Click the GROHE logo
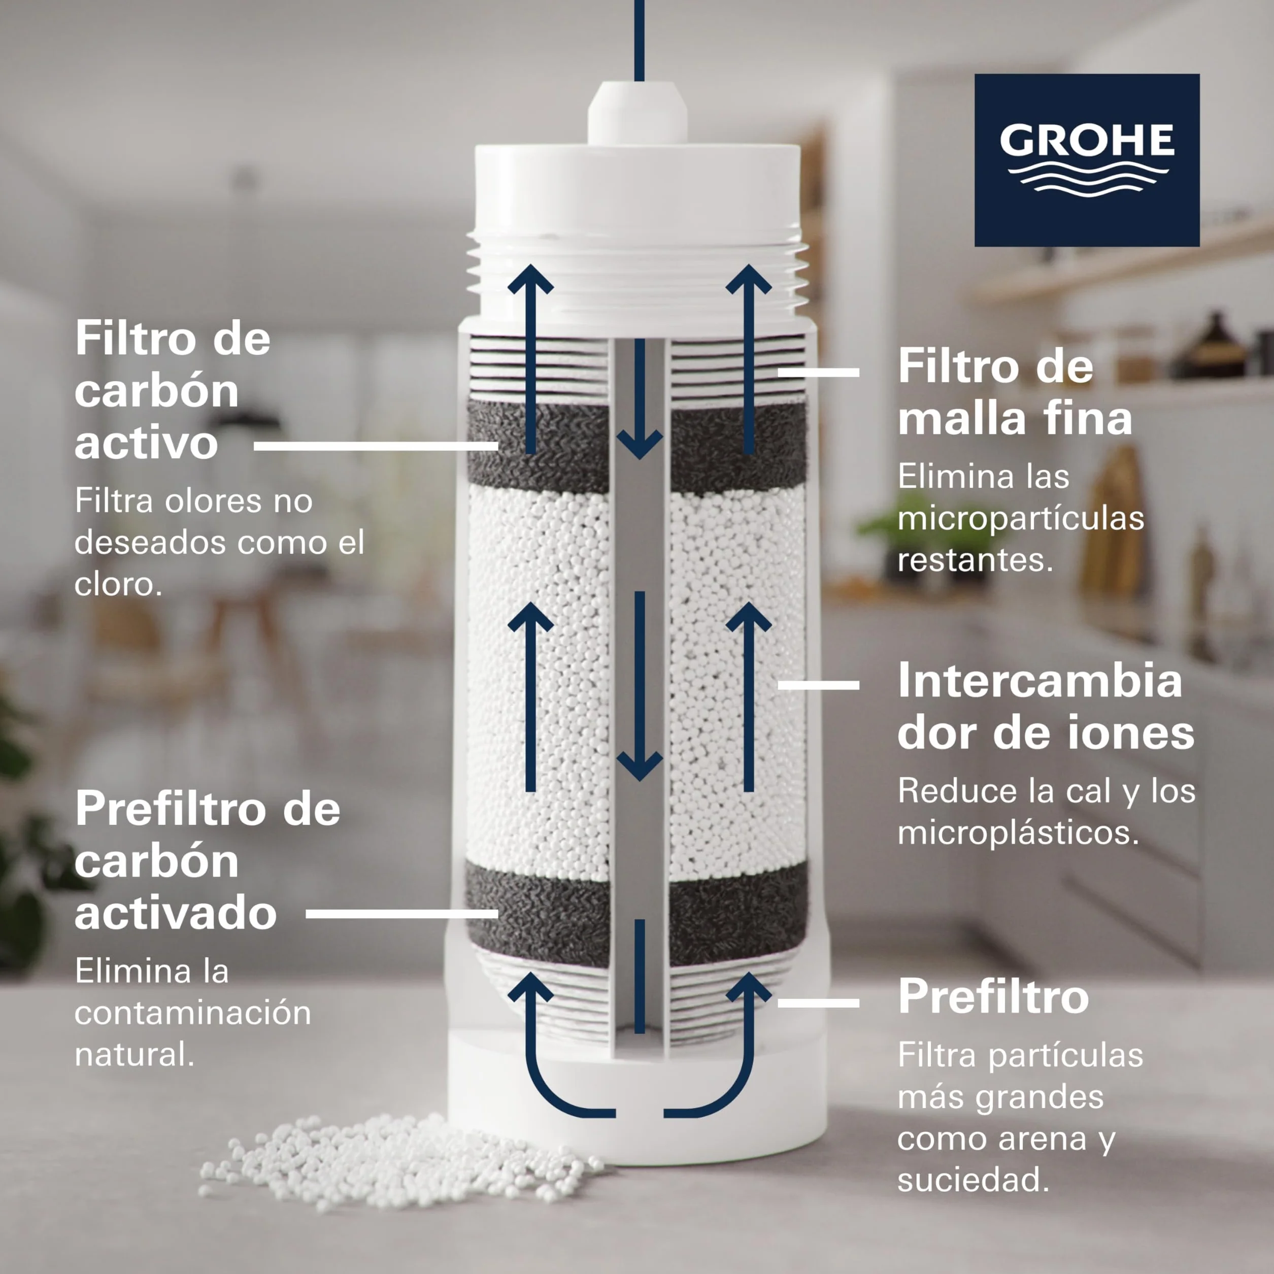pyautogui.click(x=1087, y=160)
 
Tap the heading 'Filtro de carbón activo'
pyautogui.click(x=172, y=390)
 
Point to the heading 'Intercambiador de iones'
pyautogui.click(x=1046, y=706)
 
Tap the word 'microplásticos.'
pyautogui.click(x=1018, y=832)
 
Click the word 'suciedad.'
pyautogui.click(x=973, y=1180)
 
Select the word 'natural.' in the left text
pyautogui.click(x=135, y=1054)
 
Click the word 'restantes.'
pyautogui.click(x=975, y=560)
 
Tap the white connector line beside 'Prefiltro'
pyautogui.click(x=818, y=1003)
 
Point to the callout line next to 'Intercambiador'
pyautogui.click(x=818, y=685)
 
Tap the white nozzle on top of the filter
pyautogui.click(x=637, y=112)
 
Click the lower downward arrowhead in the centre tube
pyautogui.click(x=639, y=765)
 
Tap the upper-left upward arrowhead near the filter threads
pyautogui.click(x=531, y=280)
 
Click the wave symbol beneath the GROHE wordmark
pyautogui.click(x=1088, y=179)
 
